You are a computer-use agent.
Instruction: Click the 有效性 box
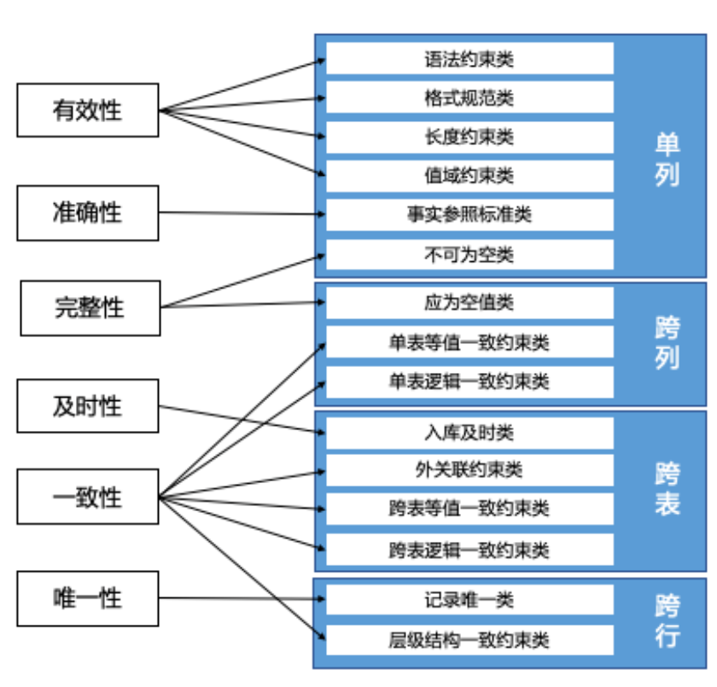[88, 110]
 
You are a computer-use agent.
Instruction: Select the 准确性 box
[88, 213]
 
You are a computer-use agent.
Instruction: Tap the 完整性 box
[90, 307]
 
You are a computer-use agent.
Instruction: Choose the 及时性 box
[88, 406]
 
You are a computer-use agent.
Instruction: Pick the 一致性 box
[88, 497]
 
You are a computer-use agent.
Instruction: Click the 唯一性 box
[88, 598]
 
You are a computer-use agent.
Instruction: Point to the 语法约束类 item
[469, 59]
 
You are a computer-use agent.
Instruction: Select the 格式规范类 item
[469, 97]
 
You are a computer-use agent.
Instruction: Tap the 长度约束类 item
[469, 137]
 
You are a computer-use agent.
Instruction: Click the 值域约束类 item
[469, 176]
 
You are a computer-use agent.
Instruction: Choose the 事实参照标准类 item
[469, 214]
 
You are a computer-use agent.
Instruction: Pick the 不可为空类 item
[469, 254]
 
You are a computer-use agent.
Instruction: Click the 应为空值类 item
[469, 303]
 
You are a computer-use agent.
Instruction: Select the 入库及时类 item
[469, 433]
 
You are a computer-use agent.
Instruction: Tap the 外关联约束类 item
[469, 469]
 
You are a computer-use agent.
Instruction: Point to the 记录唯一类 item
[469, 599]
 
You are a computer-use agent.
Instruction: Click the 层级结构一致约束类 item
[469, 639]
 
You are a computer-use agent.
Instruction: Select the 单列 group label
[667, 159]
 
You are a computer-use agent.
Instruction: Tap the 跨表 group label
[667, 489]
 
